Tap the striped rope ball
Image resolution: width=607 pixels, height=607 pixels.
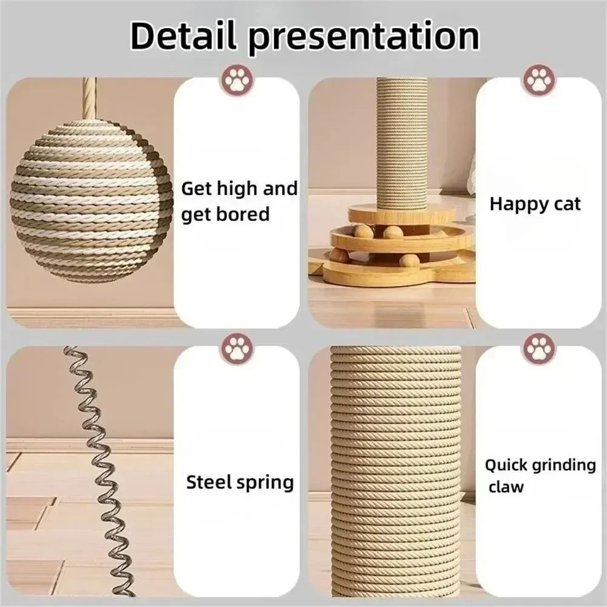[x=91, y=201]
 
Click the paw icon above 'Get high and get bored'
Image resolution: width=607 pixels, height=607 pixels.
[x=237, y=80]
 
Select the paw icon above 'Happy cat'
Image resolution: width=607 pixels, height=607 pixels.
[x=538, y=80]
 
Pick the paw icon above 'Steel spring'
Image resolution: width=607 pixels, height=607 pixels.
[x=237, y=348]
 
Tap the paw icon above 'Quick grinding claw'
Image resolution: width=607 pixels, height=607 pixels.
[x=538, y=348]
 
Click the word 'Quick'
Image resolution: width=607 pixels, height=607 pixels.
[x=506, y=466]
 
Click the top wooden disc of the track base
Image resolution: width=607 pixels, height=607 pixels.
[x=401, y=214]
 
